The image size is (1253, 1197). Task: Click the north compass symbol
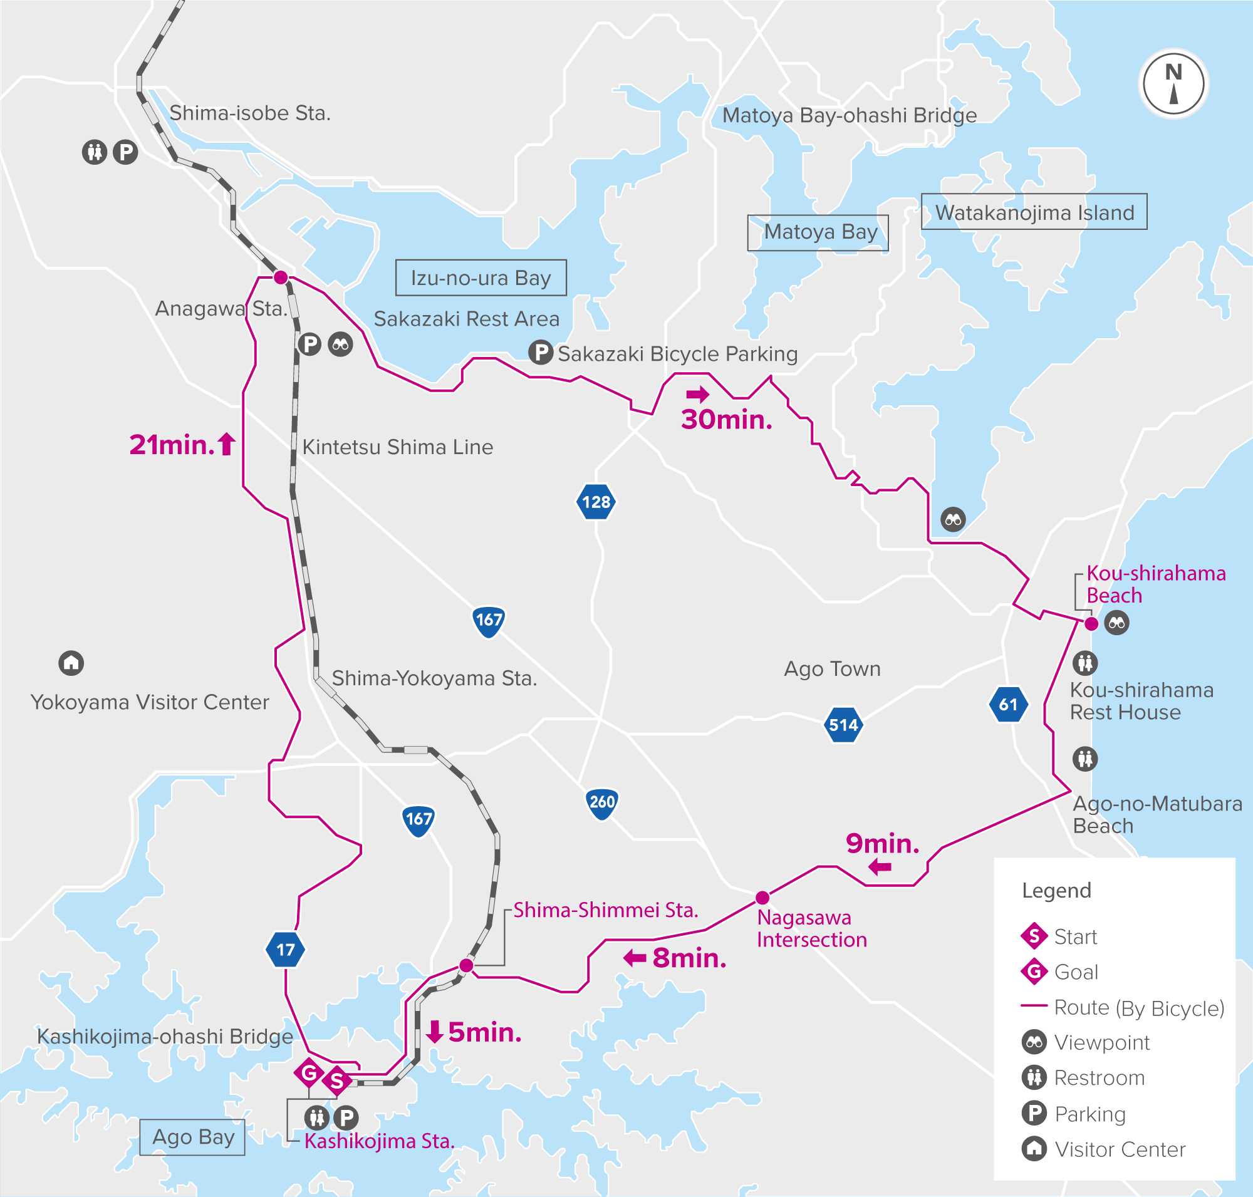[1173, 83]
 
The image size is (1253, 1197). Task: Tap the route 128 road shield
[596, 502]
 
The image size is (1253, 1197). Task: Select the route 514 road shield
[843, 725]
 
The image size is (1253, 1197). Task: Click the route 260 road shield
[602, 802]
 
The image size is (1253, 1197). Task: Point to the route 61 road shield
[1008, 705]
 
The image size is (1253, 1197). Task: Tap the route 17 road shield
[285, 950]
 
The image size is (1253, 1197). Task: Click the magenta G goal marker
[309, 1072]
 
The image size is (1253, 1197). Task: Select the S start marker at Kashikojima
[336, 1082]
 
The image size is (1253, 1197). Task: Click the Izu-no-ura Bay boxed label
[481, 277]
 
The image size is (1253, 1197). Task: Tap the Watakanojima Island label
[1034, 212]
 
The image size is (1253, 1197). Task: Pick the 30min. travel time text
[726, 419]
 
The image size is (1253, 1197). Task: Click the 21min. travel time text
[172, 445]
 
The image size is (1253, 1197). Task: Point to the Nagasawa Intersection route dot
[762, 898]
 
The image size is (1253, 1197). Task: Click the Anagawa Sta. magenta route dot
[280, 277]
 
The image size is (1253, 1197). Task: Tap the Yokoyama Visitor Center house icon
[71, 663]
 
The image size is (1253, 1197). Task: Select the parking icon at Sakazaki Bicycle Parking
[541, 352]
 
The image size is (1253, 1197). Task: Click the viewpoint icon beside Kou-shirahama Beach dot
[1116, 623]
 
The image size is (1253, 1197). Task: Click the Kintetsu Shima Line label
[398, 447]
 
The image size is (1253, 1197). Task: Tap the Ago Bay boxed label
[193, 1137]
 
